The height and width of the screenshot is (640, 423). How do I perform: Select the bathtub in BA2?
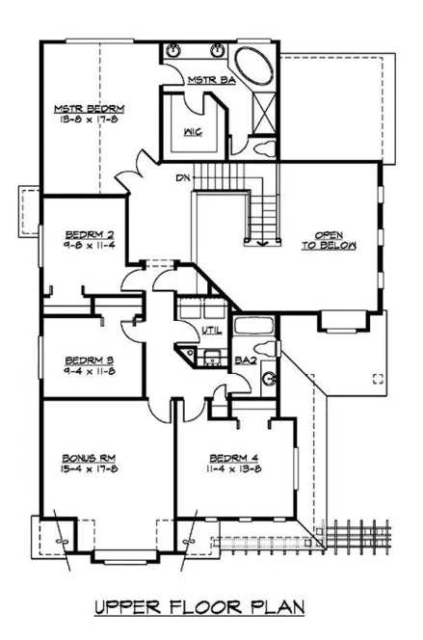point(253,324)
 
